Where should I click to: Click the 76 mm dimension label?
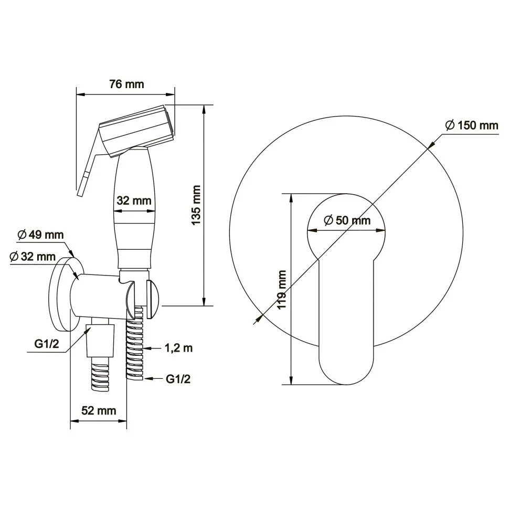coord(126,84)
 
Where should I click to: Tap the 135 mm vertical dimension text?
coord(196,205)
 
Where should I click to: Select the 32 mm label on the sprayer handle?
coord(134,200)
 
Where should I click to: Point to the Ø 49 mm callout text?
coord(40,235)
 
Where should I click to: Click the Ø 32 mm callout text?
coord(33,257)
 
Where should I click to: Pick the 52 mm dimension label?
coord(99,410)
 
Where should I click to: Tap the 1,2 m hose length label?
coord(178,348)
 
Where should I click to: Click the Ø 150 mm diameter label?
coord(472,125)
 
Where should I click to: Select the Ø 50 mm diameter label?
coord(347,220)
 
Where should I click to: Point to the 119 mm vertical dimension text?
coord(282,290)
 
